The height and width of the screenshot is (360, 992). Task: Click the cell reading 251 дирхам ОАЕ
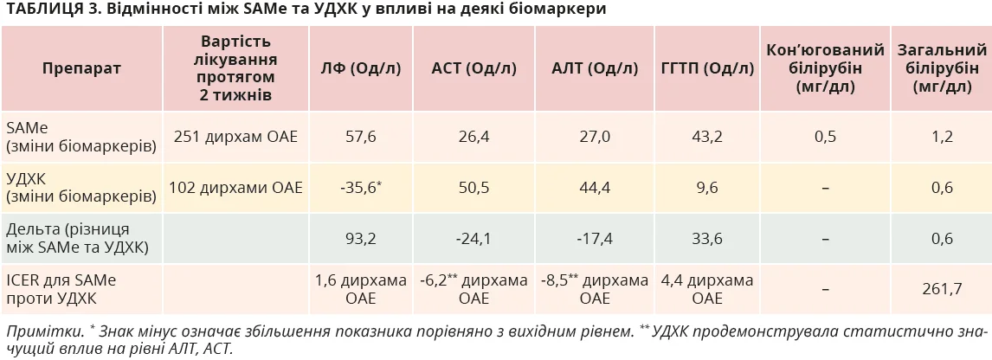tap(236, 137)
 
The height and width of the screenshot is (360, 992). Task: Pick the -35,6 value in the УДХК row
tap(361, 188)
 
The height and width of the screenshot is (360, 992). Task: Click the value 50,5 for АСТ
tap(474, 188)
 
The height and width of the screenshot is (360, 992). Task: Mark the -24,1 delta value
tap(474, 239)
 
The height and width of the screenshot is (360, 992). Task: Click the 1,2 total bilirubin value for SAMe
tap(942, 137)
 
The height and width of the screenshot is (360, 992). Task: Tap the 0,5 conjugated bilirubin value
tap(825, 137)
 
